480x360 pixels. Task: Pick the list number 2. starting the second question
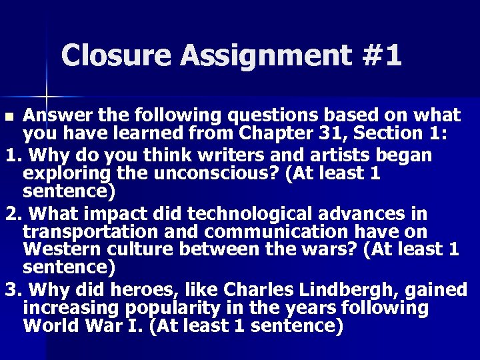coord(12,214)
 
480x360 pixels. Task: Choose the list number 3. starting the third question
coord(12,291)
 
